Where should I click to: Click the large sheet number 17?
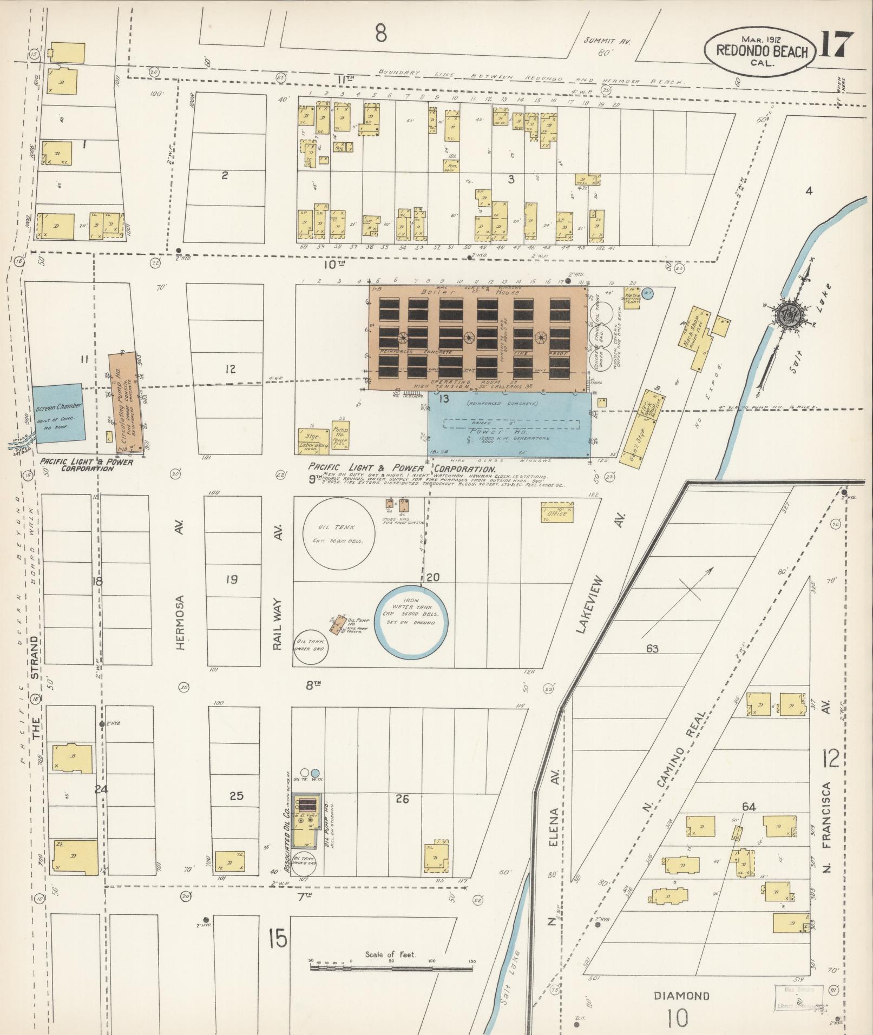pyautogui.click(x=836, y=45)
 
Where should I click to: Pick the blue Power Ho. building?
pyautogui.click(x=508, y=425)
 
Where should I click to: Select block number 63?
pyautogui.click(x=652, y=648)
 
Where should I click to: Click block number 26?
pyautogui.click(x=402, y=799)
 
